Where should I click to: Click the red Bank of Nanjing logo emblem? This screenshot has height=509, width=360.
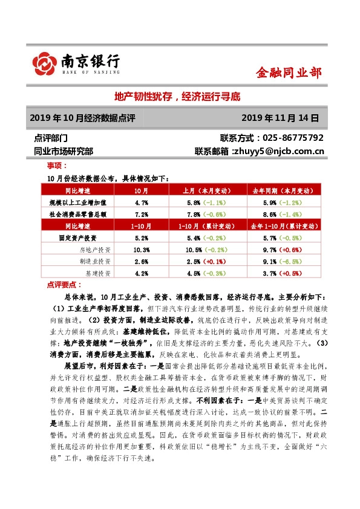pyautogui.click(x=45, y=62)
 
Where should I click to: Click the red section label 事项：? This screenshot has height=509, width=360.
pyautogui.click(x=57, y=165)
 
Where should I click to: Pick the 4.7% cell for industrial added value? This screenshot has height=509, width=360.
pyautogui.click(x=142, y=202)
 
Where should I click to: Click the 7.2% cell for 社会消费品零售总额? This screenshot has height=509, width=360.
pyautogui.click(x=142, y=213)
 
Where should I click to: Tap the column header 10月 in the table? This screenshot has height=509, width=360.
pyautogui.click(x=142, y=190)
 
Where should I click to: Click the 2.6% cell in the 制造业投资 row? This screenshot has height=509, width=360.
pyautogui.click(x=142, y=261)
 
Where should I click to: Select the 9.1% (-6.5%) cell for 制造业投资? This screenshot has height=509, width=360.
pyautogui.click(x=280, y=261)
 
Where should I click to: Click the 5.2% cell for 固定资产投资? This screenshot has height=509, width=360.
pyautogui.click(x=142, y=238)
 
